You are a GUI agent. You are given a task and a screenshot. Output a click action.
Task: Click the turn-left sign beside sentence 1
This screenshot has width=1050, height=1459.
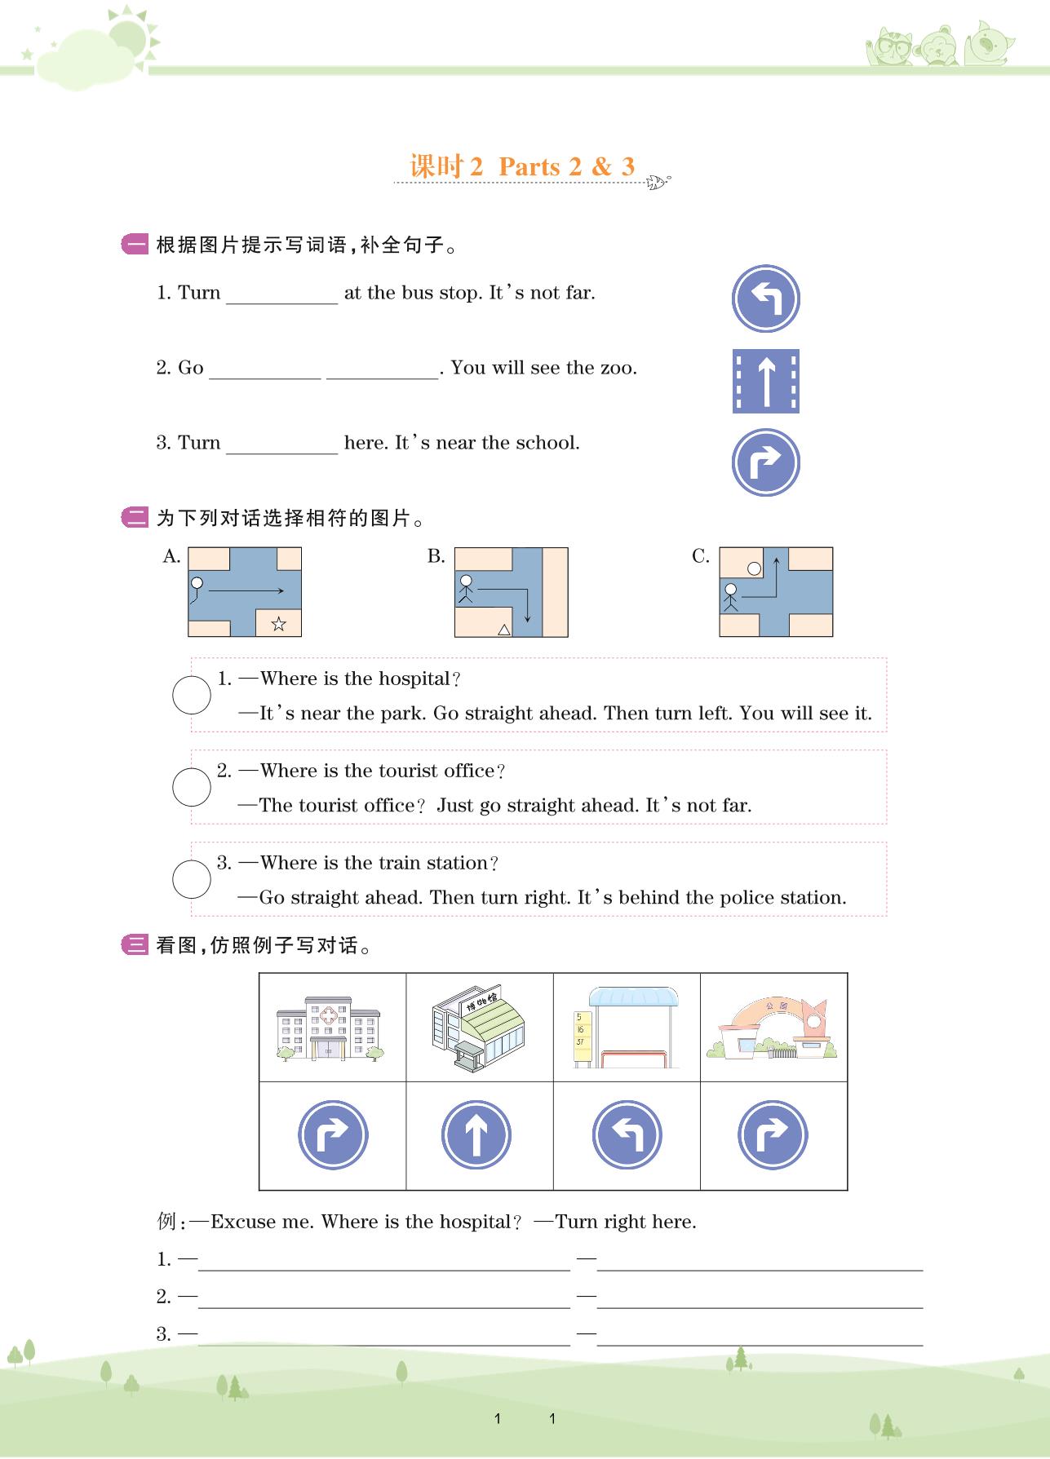point(765,298)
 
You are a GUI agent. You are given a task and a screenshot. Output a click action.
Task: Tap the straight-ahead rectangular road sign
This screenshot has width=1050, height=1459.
point(765,381)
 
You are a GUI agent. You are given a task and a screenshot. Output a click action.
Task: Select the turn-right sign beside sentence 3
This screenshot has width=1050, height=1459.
point(765,462)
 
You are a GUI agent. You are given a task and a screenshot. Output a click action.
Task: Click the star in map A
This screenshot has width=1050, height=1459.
point(278,624)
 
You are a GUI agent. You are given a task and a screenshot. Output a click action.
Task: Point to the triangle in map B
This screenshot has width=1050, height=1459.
point(504,629)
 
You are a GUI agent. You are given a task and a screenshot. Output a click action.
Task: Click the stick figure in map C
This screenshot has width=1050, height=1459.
point(730,598)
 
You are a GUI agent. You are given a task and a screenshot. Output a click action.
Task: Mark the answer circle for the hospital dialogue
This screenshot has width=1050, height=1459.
point(192,696)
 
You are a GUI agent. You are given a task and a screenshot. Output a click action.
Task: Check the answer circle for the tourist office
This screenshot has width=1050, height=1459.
point(192,787)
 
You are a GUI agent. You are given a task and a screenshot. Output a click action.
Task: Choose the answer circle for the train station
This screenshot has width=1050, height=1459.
point(192,879)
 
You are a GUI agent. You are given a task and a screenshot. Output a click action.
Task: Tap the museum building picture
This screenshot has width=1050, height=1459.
point(478,1028)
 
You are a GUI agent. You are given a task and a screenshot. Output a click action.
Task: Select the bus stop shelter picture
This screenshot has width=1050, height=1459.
point(627,1028)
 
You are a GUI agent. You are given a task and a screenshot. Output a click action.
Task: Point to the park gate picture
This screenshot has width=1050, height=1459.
point(773,1029)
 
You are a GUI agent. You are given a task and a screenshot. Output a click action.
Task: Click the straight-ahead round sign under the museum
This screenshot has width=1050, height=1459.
point(476,1134)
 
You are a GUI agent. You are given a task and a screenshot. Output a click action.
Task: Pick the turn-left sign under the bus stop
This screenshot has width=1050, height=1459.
point(627,1134)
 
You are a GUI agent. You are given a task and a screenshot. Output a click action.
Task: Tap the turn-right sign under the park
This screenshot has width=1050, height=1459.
point(773,1134)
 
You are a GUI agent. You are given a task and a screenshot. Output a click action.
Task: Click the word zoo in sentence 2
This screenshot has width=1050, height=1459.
point(616,368)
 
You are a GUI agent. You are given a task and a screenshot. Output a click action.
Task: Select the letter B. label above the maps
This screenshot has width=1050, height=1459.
point(436,556)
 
